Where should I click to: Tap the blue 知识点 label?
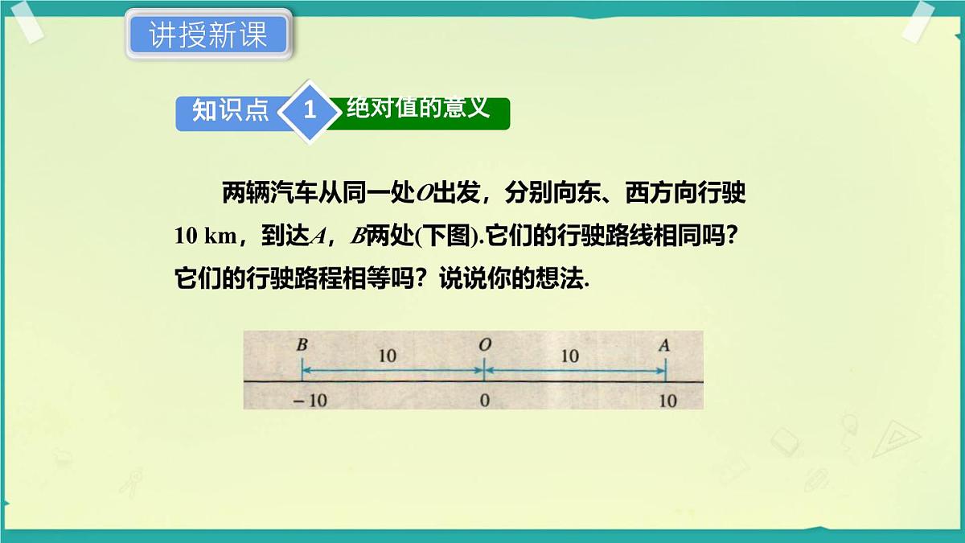click(x=229, y=111)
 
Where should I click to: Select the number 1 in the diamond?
click(x=310, y=111)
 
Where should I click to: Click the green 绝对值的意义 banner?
click(x=418, y=109)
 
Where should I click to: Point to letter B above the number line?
click(x=302, y=345)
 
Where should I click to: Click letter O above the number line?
click(x=484, y=344)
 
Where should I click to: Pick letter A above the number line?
click(x=664, y=345)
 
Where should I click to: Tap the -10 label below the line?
click(x=310, y=400)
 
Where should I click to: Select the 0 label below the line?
click(x=484, y=400)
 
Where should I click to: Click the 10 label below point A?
click(x=667, y=400)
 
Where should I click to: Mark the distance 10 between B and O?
click(x=388, y=356)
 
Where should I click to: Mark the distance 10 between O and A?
click(x=569, y=356)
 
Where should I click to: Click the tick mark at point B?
click(x=302, y=372)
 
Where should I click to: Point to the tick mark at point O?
click(x=483, y=372)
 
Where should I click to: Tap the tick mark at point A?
click(x=665, y=372)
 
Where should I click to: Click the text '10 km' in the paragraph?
click(x=206, y=237)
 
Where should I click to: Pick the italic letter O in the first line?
click(x=425, y=195)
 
